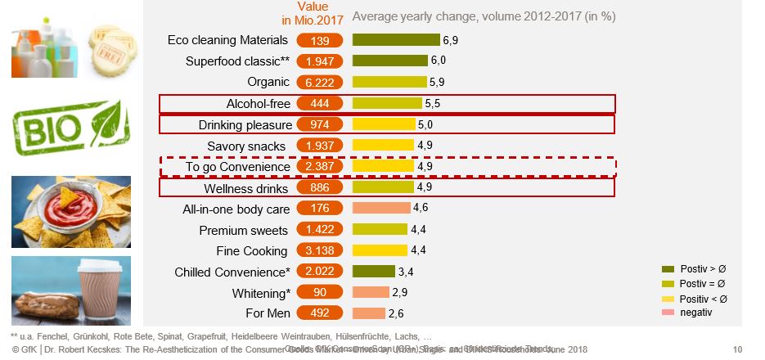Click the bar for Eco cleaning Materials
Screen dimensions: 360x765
[396, 40]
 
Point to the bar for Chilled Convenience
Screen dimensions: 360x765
[374, 272]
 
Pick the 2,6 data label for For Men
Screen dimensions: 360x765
[396, 313]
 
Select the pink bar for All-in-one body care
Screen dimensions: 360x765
[380, 209]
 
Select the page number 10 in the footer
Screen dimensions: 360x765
[738, 350]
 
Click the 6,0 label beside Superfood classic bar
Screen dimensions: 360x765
[439, 61]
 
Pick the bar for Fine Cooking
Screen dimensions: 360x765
[380, 250]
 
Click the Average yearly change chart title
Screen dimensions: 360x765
[484, 16]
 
